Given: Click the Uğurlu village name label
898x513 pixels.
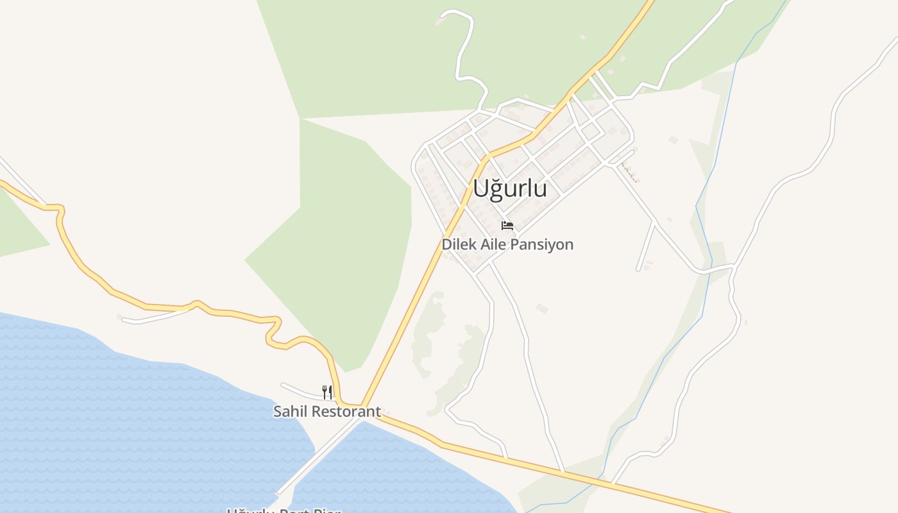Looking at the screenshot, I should click(510, 189).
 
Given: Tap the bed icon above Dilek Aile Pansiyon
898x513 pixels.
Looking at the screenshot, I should click(507, 226).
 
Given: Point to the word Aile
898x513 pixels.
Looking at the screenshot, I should click(490, 244).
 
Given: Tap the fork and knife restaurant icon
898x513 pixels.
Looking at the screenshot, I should click(327, 392).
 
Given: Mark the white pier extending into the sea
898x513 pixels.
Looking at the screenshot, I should click(314, 458).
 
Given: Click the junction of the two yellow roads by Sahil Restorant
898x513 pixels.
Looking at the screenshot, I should click(363, 406).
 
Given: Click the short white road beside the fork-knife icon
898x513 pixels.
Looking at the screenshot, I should click(301, 391).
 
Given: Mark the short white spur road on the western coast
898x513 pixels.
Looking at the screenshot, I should click(154, 316).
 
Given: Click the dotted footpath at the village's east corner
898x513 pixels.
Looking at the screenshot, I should click(629, 171).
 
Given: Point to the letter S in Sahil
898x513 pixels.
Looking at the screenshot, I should click(278, 412).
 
